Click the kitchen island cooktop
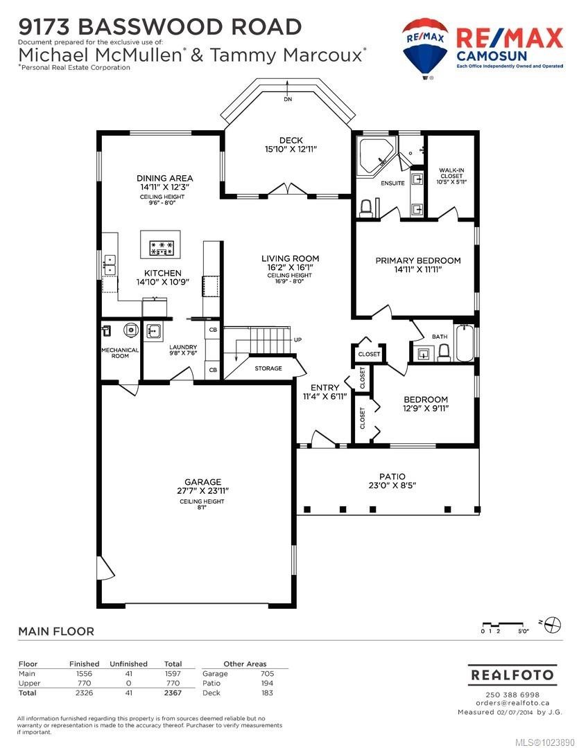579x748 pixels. coord(161,247)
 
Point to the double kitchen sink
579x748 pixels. coord(109,263)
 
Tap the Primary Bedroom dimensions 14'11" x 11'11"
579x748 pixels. coord(417,269)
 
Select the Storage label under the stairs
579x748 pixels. coord(268,368)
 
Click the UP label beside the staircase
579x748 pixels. coord(297,340)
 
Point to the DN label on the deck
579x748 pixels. coord(287,100)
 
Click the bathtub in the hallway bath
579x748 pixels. coord(464,342)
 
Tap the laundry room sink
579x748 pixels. coord(154,330)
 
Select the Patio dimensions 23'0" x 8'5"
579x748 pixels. coord(392,486)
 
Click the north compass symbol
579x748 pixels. coord(552,623)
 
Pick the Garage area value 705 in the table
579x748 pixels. coord(266,673)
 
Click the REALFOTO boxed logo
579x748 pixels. coord(512,674)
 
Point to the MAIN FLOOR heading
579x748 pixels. coord(55,631)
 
